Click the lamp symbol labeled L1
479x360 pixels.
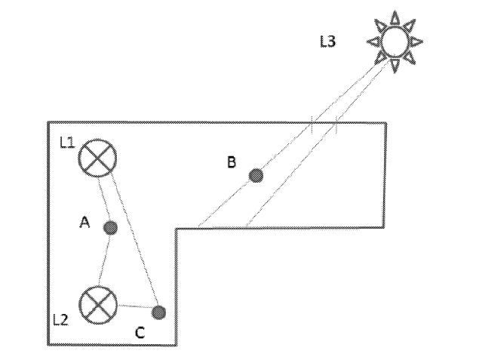click(98, 158)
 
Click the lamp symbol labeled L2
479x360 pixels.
click(98, 306)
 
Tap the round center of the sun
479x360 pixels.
click(395, 42)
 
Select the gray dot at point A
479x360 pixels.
click(110, 228)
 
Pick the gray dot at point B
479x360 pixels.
click(256, 175)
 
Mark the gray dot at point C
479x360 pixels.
click(159, 312)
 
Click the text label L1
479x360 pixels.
click(67, 143)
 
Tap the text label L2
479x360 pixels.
click(61, 320)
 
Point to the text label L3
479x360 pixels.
click(328, 42)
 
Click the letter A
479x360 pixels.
click(84, 222)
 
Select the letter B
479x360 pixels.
click(232, 162)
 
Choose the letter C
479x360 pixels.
click(140, 333)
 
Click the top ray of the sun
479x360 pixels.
click(395, 17)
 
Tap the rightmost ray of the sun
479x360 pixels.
click(416, 42)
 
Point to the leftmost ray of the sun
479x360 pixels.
click(374, 42)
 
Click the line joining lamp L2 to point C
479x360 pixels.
click(135, 306)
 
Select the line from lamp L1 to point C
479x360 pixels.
click(135, 239)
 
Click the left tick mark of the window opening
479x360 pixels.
click(312, 125)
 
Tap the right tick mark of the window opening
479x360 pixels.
click(336, 125)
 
